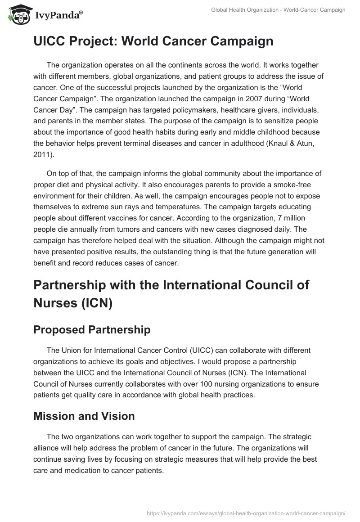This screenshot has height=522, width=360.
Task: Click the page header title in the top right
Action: pyautogui.click(x=278, y=10)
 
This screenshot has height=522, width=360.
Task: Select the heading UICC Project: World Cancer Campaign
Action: pyautogui.click(x=153, y=41)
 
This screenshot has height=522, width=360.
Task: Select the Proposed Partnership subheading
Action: pyautogui.click(x=92, y=329)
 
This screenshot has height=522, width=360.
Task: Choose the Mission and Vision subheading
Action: pyautogui.click(x=84, y=416)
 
